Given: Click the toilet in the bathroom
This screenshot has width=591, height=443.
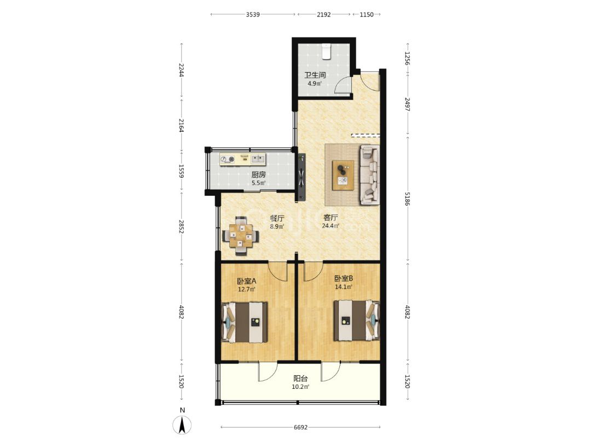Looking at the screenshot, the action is pos(326,51).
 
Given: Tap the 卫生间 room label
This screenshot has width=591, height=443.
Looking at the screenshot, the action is pos(315,75).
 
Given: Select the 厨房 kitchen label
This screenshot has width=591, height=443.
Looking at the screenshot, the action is pos(258,175).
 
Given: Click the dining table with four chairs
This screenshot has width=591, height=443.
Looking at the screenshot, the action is pos(241,236).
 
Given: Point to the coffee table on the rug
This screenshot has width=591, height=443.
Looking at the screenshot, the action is pos(343,175).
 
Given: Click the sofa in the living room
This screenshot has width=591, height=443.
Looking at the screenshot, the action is pos(369,175).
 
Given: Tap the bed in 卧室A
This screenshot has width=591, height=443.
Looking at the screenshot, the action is pos(245,323).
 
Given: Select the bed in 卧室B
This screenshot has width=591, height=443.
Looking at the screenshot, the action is pos(356,320).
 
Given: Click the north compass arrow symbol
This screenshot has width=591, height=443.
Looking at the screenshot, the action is pos(182,425).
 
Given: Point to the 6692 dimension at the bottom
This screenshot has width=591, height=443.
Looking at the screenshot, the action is pos(300,427).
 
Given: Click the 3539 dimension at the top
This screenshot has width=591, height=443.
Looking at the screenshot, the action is pos(252,15).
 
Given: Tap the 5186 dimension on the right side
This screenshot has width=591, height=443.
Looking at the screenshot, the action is pos(408,199).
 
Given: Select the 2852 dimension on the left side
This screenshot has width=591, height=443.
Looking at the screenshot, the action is pos(182,227).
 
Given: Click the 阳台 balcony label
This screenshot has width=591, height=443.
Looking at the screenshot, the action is pos(300,378).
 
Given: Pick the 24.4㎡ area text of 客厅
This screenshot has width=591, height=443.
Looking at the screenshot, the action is pos(330,226).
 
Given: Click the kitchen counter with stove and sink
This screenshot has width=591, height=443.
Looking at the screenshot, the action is pos(243,159).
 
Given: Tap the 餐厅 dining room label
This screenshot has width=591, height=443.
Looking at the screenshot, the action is pos(277,218).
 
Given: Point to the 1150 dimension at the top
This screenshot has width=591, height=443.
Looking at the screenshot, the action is pos(366,15).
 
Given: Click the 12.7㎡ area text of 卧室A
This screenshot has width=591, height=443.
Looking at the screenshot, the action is pos(246,289).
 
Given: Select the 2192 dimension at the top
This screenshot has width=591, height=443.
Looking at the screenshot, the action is pos(323,15).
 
